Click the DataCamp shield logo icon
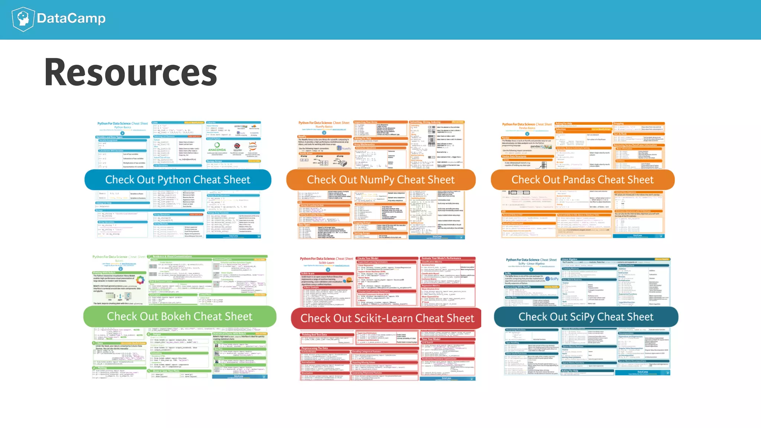23,19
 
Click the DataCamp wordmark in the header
71,18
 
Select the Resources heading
130,72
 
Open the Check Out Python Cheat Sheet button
178,180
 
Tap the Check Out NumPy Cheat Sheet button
380,180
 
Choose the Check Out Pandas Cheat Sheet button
582,180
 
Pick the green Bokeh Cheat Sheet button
179,317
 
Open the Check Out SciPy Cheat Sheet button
586,317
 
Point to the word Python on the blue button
174,180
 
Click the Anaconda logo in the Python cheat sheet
217,147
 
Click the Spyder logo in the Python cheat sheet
237,147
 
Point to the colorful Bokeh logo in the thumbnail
140,280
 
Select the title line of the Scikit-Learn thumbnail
326,259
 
